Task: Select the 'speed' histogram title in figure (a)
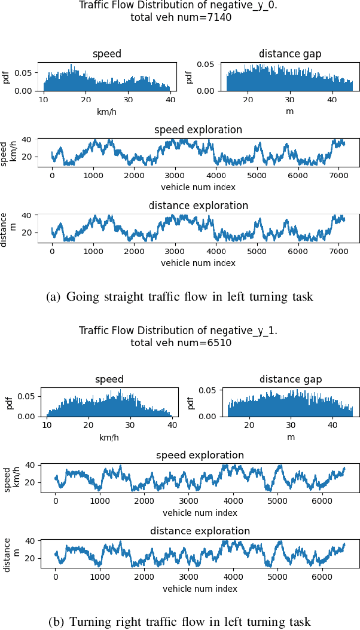[107, 54]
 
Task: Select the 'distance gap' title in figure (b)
[290, 379]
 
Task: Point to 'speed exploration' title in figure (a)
[198, 130]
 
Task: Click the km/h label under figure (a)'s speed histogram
[107, 111]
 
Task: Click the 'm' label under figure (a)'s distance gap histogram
[290, 111]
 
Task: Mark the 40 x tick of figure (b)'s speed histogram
[172, 424]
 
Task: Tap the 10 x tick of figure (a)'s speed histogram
[44, 99]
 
